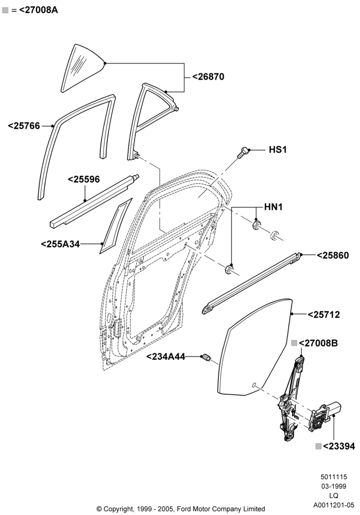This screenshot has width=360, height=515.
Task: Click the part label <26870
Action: click(208, 77)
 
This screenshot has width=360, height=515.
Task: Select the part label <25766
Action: click(24, 126)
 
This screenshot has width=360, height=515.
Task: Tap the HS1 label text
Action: click(278, 150)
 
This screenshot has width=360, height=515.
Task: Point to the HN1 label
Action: click(273, 207)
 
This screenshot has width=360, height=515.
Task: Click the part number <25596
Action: click(84, 179)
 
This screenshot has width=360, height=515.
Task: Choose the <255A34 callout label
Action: click(61, 244)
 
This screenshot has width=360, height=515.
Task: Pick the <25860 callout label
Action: click(333, 255)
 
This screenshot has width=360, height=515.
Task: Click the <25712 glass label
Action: click(324, 315)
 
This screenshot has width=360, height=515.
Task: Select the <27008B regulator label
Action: click(318, 343)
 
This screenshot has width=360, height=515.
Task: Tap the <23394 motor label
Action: click(339, 446)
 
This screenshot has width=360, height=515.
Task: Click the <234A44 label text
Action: click(166, 357)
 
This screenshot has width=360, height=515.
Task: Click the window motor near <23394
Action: click(324, 416)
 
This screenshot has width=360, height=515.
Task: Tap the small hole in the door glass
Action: click(254, 385)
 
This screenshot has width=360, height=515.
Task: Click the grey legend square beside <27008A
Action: click(5, 10)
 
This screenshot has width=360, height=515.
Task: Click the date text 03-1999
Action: click(334, 486)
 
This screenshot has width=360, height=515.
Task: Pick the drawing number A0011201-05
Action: click(334, 505)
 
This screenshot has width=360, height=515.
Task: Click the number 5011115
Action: click(334, 477)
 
